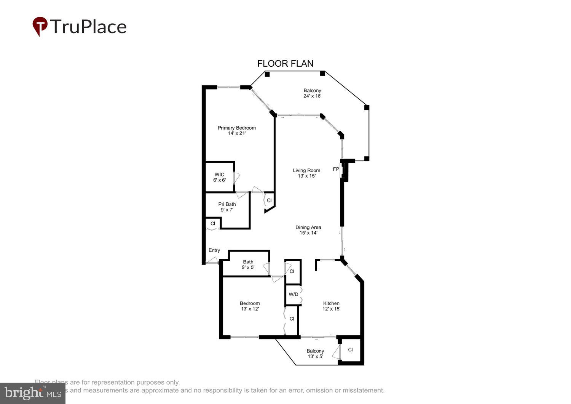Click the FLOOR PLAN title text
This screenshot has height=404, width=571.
285,64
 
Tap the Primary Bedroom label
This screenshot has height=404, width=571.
236,128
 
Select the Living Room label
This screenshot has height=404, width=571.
306,170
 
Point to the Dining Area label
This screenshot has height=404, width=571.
308,227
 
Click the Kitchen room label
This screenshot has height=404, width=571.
331,303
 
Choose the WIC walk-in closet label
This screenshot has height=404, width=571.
219,175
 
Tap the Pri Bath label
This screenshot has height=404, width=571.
227,204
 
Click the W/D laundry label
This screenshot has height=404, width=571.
293,294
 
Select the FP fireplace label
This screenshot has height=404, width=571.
336,169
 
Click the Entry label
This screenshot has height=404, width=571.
214,250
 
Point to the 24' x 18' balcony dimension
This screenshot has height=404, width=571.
312,96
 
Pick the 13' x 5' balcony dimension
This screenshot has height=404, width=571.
315,356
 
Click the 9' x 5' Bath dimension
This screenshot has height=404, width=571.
248,267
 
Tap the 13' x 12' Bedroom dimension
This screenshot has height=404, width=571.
250,309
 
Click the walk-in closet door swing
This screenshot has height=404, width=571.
237,178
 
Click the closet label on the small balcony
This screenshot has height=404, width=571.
350,349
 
